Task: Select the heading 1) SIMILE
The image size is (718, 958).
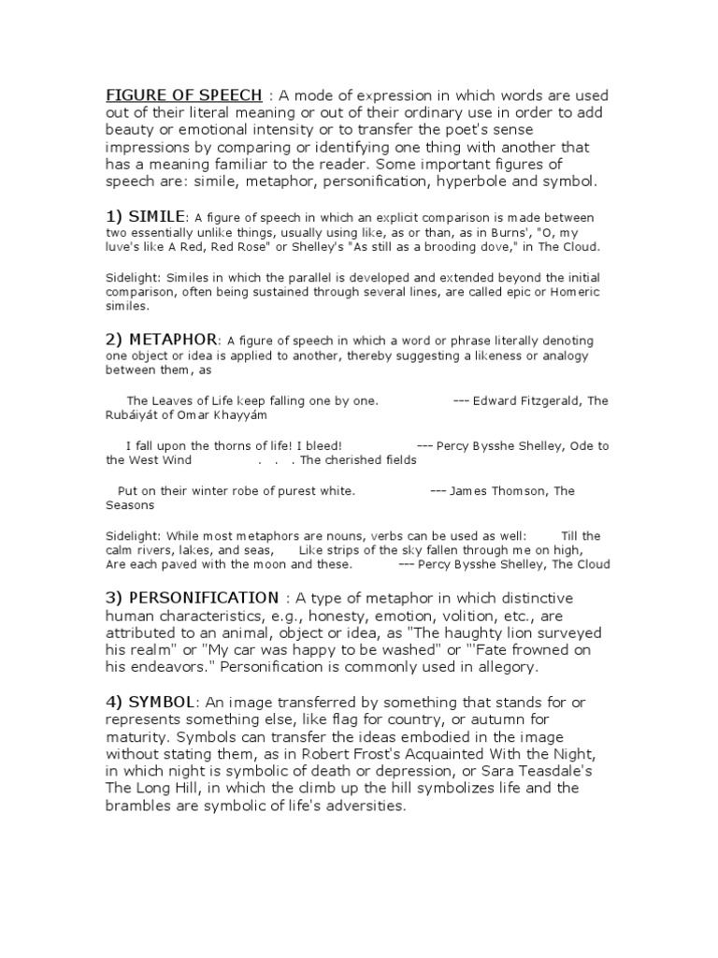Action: [x=147, y=216]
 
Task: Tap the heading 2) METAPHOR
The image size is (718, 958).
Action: [x=161, y=339]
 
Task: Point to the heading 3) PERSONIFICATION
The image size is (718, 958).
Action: [x=192, y=598]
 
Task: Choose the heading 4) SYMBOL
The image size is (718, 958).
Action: [x=150, y=702]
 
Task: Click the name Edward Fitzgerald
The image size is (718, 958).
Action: [x=524, y=400]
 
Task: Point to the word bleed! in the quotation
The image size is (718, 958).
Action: [x=323, y=445]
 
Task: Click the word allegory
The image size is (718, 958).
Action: [x=506, y=668]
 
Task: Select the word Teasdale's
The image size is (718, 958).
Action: [x=553, y=771]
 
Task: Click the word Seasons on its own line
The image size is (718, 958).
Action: [x=129, y=505]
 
